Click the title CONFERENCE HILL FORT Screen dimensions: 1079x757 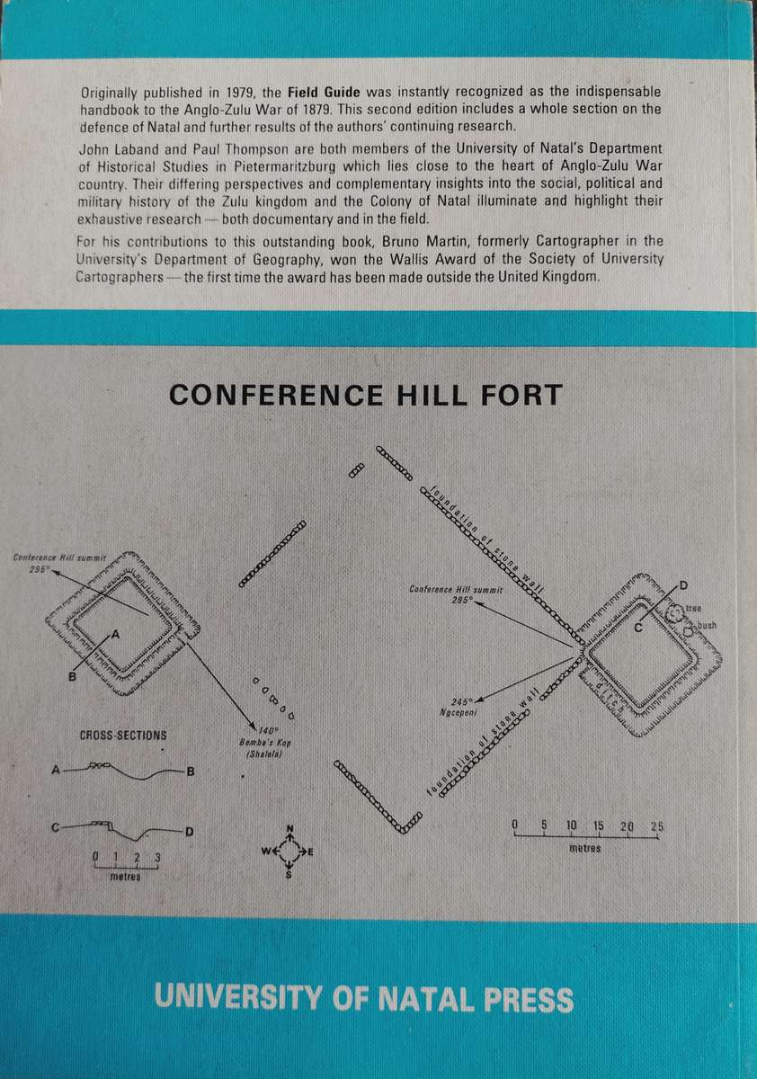click(366, 394)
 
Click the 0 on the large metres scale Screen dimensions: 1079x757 click(515, 825)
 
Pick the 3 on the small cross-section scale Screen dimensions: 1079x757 click(157, 856)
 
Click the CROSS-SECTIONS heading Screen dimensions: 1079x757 click(122, 735)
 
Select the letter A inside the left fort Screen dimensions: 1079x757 click(114, 634)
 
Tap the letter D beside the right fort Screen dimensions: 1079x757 click(683, 585)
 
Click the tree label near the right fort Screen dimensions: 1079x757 click(692, 608)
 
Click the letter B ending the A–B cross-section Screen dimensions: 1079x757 click(191, 771)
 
